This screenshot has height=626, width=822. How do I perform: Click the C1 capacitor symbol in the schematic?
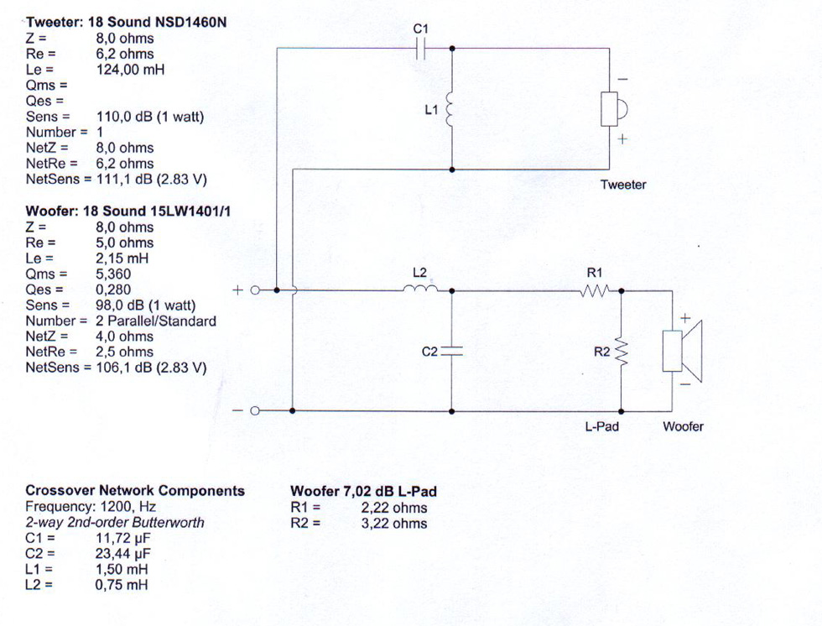[420, 49]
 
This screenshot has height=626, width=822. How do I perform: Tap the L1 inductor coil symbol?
[450, 110]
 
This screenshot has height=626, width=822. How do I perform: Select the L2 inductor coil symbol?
[420, 287]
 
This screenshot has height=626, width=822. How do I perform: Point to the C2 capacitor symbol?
[452, 352]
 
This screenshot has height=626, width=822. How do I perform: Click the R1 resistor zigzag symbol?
[595, 290]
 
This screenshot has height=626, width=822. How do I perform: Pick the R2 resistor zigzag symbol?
[622, 352]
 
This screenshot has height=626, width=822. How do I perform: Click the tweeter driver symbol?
[614, 109]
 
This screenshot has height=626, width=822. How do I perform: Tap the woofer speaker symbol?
[682, 351]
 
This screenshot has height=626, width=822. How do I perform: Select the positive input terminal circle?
[255, 290]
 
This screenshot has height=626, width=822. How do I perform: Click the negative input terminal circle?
[255, 411]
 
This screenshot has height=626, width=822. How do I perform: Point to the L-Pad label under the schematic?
[602, 426]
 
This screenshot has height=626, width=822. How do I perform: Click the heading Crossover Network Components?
[135, 491]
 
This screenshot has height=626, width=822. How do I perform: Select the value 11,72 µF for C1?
[122, 538]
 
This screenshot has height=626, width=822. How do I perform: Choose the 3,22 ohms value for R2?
[394, 524]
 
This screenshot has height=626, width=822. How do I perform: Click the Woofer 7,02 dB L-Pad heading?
[363, 491]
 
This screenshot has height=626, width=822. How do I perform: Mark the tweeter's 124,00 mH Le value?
[130, 69]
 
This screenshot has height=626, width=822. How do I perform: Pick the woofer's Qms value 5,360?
[113, 274]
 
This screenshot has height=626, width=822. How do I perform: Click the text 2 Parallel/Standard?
[156, 321]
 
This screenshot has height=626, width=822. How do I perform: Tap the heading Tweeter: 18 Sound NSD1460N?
[126, 22]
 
